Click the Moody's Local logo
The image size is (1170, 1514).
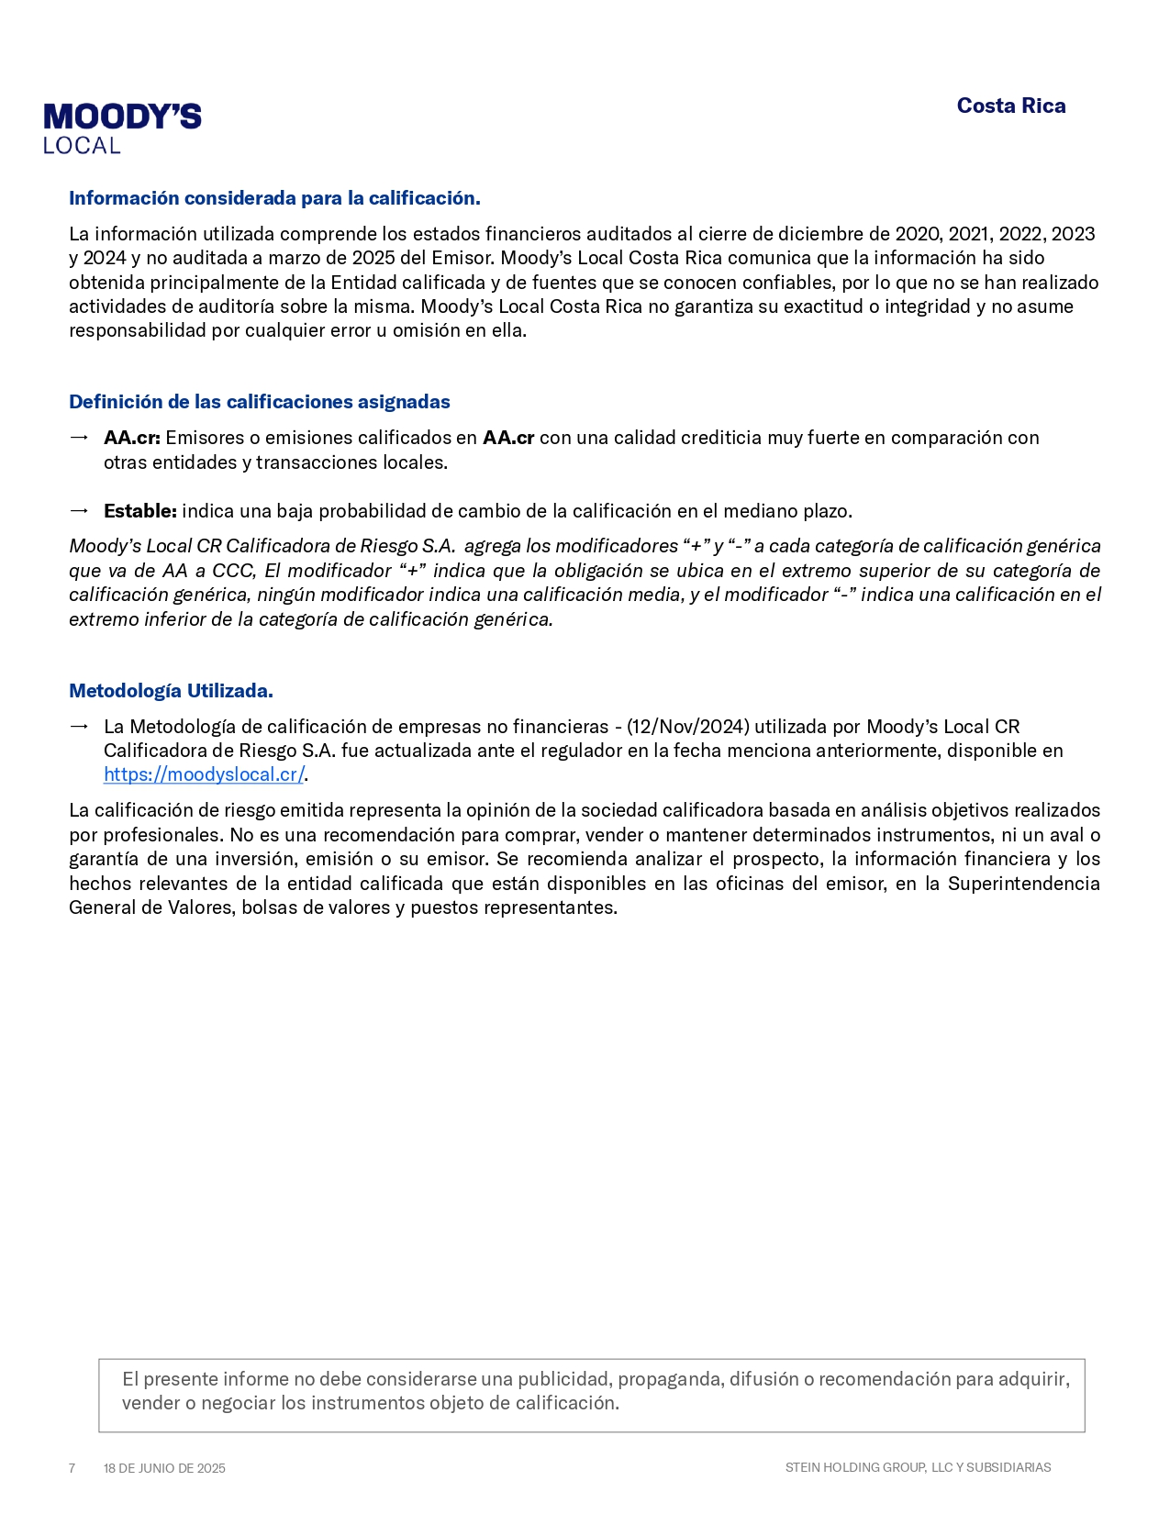coord(122,128)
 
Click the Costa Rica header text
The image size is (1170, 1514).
coord(1010,106)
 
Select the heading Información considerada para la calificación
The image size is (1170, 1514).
coord(274,198)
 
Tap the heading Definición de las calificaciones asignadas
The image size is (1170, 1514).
coord(260,402)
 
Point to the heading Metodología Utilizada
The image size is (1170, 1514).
coord(171,691)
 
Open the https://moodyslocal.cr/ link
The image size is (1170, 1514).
coord(203,774)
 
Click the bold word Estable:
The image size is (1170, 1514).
coord(139,511)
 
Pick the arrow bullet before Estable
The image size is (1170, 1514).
coord(79,511)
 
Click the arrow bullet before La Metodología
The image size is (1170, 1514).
coord(79,727)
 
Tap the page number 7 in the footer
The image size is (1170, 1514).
coord(72,1468)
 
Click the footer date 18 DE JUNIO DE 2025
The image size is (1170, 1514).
coord(164,1468)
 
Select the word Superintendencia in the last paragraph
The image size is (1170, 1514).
coord(1023,884)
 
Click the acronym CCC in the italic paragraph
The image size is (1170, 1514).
coord(233,571)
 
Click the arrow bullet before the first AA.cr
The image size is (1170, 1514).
coord(79,438)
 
